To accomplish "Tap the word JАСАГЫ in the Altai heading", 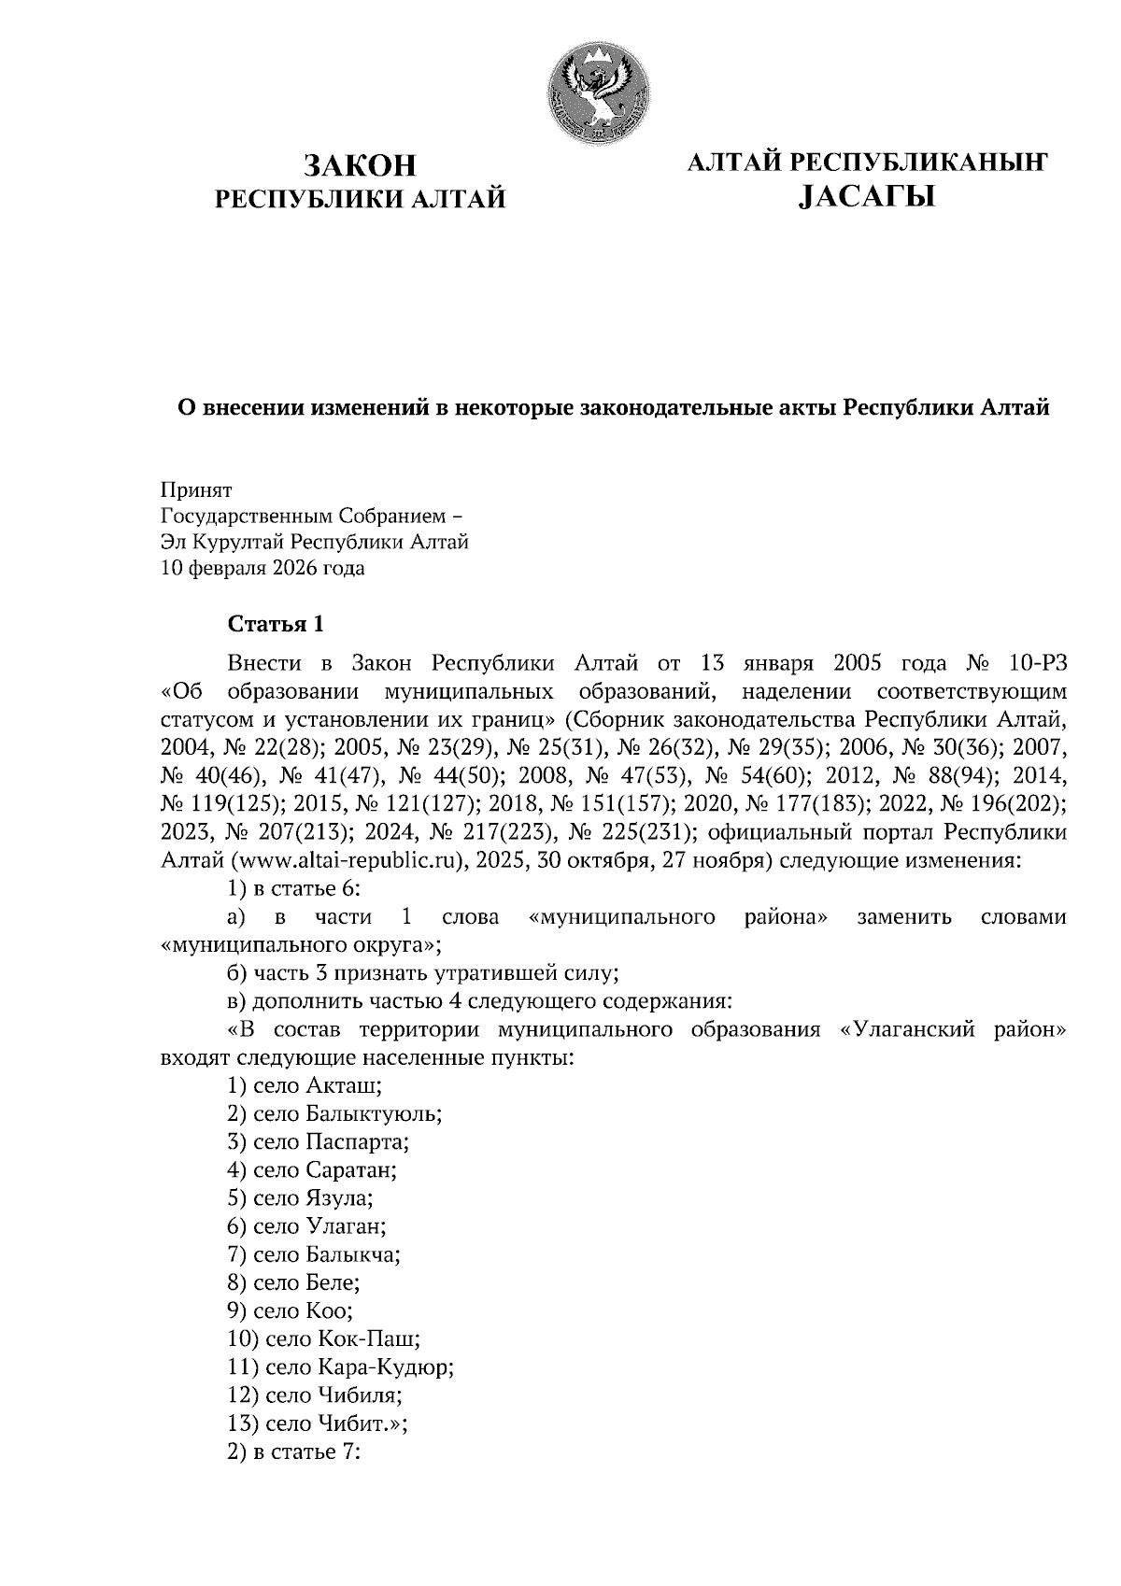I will [x=867, y=197].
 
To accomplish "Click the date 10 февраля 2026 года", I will [x=263, y=568].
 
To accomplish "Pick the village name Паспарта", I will [x=356, y=1141].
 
